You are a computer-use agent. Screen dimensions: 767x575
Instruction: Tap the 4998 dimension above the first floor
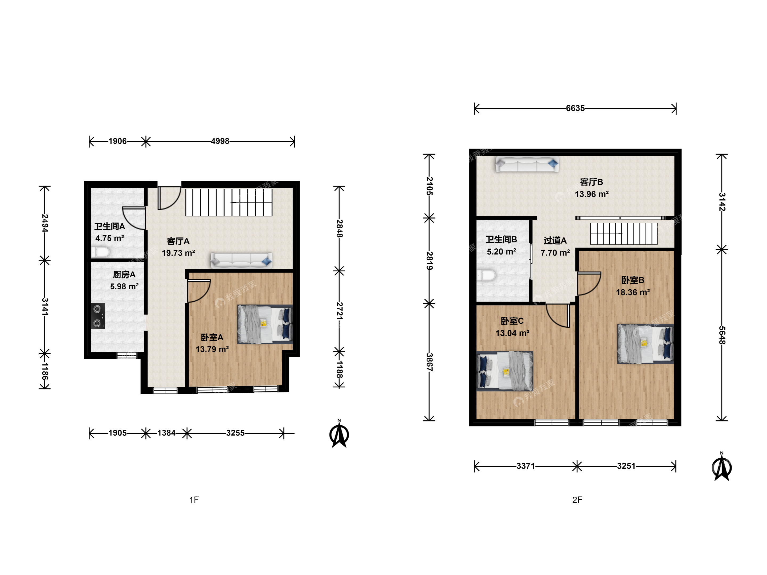[x=220, y=141]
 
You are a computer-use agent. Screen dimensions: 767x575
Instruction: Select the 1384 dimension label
[x=166, y=433]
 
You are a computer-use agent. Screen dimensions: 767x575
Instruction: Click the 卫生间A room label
[x=109, y=226]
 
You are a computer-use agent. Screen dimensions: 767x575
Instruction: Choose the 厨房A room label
[x=124, y=274]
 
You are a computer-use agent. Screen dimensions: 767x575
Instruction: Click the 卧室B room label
[x=633, y=280]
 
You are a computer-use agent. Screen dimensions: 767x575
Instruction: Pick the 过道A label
[x=555, y=241]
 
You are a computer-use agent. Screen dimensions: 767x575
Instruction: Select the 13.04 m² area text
[x=512, y=333]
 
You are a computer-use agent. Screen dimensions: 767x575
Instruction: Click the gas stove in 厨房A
[x=98, y=316]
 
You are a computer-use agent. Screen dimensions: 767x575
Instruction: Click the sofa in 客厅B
[x=527, y=164]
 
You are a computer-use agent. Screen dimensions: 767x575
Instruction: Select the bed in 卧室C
[x=504, y=371]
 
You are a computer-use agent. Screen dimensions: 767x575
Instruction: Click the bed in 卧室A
[x=265, y=325]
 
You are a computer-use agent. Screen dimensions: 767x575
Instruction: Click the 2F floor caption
[x=577, y=500]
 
